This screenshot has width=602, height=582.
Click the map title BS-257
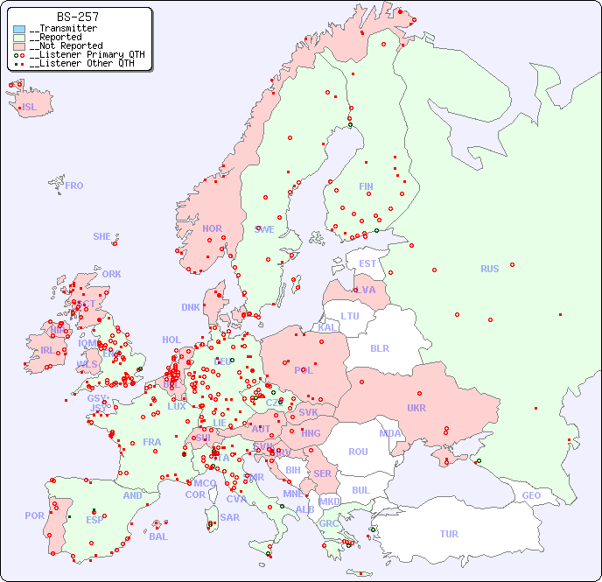(77, 17)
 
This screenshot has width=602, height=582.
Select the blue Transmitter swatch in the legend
(19, 29)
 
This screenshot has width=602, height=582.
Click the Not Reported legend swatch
(19, 46)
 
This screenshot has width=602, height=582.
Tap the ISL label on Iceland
(30, 108)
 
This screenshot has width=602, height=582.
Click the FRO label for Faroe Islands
(74, 186)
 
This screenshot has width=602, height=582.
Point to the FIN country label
(366, 186)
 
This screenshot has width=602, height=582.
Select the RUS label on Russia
(489, 269)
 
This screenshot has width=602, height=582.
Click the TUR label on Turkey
(449, 534)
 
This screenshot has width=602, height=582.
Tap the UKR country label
(416, 408)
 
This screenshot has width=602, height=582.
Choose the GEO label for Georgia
(531, 495)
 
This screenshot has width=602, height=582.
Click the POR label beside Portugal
(34, 515)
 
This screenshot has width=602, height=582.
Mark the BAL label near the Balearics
(158, 536)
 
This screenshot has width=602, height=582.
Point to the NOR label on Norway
(212, 228)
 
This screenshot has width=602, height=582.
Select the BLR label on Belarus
(379, 347)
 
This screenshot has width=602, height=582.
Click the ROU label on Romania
(358, 452)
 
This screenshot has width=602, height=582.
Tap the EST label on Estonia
(367, 263)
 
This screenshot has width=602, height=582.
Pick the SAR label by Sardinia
(229, 517)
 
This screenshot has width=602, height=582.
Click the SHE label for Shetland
(102, 236)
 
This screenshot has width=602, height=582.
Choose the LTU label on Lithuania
(350, 316)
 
